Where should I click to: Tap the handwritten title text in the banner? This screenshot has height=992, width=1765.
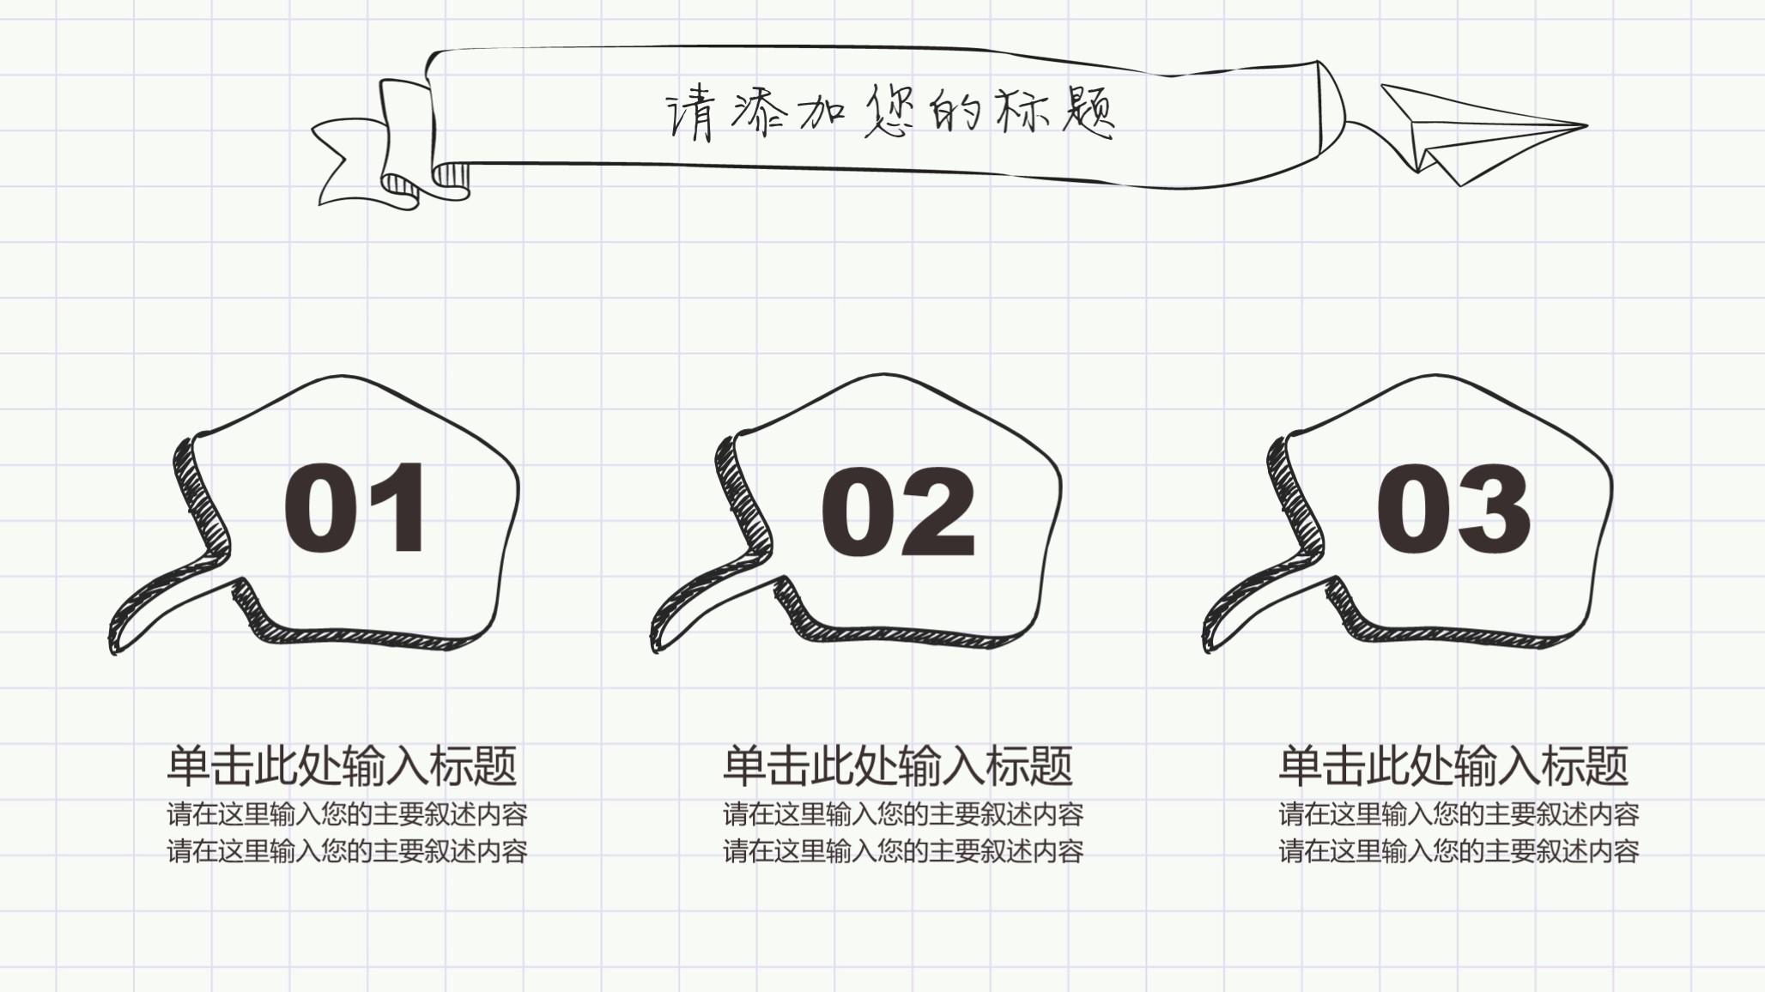coord(890,112)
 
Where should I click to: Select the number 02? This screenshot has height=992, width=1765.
coord(898,512)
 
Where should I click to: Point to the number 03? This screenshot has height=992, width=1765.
coord(1453,509)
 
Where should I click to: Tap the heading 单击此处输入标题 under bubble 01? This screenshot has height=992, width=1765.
coord(342,765)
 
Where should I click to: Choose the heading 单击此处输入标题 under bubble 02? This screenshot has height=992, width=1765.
coord(898,765)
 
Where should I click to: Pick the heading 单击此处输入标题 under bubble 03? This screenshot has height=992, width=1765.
coord(1453,765)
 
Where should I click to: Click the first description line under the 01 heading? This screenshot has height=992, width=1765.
coord(347,814)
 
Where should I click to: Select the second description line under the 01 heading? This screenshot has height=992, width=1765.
coord(347,851)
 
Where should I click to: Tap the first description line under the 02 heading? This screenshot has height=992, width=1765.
coord(903,814)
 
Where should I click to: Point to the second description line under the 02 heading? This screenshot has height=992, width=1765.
coord(903,851)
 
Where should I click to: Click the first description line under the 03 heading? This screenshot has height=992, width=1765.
coord(1459,814)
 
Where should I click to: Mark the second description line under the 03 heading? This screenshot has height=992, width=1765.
coord(1459,851)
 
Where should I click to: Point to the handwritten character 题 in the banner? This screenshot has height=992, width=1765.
coord(1088,112)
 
